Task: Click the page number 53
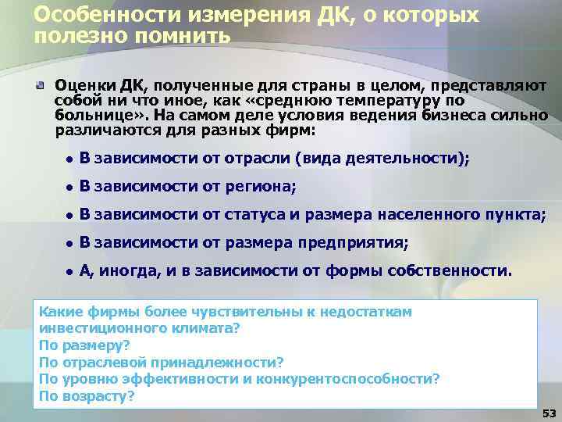click(x=549, y=412)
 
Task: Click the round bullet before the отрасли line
click(x=69, y=159)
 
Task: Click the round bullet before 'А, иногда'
click(x=69, y=271)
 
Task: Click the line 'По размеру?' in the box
click(x=84, y=345)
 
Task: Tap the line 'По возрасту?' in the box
click(x=87, y=395)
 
